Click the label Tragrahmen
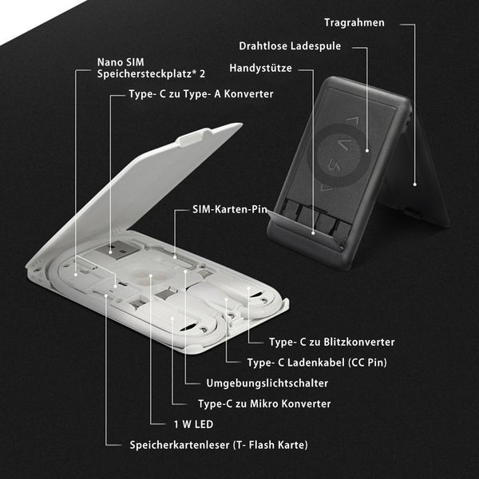pos(354,22)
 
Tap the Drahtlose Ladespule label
pos(290,46)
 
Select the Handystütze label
pos(260,68)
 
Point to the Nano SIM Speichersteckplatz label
pos(151,68)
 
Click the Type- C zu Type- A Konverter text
pos(200,93)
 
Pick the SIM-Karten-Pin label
pos(230,209)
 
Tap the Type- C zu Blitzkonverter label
pos(332,342)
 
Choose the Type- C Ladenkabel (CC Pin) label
pos(317,362)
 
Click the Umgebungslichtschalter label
pos(267,383)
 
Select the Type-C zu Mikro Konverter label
pos(264,404)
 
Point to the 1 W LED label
pos(193,425)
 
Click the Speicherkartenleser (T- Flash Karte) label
pos(219,445)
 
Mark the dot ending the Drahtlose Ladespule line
pos(367,150)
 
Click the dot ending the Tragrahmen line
pos(414,184)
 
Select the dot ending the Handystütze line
pos(313,233)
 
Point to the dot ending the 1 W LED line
pos(151,275)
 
